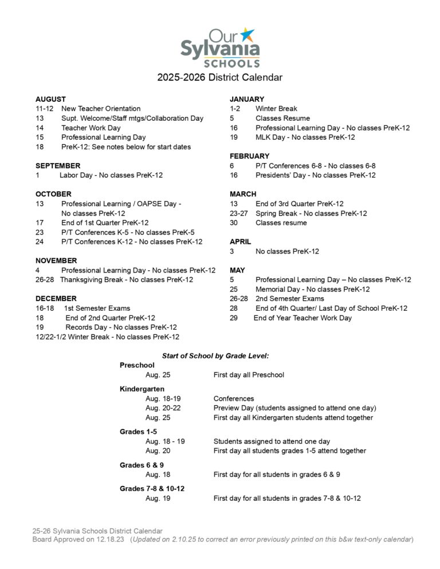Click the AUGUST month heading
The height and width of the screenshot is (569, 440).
[50, 99]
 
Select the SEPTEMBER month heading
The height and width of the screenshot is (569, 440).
[58, 166]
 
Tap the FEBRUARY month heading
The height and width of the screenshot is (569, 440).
[249, 156]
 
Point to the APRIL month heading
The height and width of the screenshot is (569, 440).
[241, 242]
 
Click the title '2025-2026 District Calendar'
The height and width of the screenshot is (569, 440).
[220, 77]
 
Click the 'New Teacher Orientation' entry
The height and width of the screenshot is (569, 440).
[101, 109]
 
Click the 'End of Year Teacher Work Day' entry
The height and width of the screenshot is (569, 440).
[302, 318]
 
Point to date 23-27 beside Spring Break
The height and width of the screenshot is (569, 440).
[239, 214]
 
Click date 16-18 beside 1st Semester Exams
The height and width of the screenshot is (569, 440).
[45, 308]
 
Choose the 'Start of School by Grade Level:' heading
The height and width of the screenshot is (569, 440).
[215, 355]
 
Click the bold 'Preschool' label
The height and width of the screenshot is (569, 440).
[137, 365]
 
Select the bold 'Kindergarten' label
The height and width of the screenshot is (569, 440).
[142, 389]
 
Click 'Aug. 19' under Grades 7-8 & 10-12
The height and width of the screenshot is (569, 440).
[158, 499]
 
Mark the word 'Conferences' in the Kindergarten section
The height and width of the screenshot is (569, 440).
[234, 398]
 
